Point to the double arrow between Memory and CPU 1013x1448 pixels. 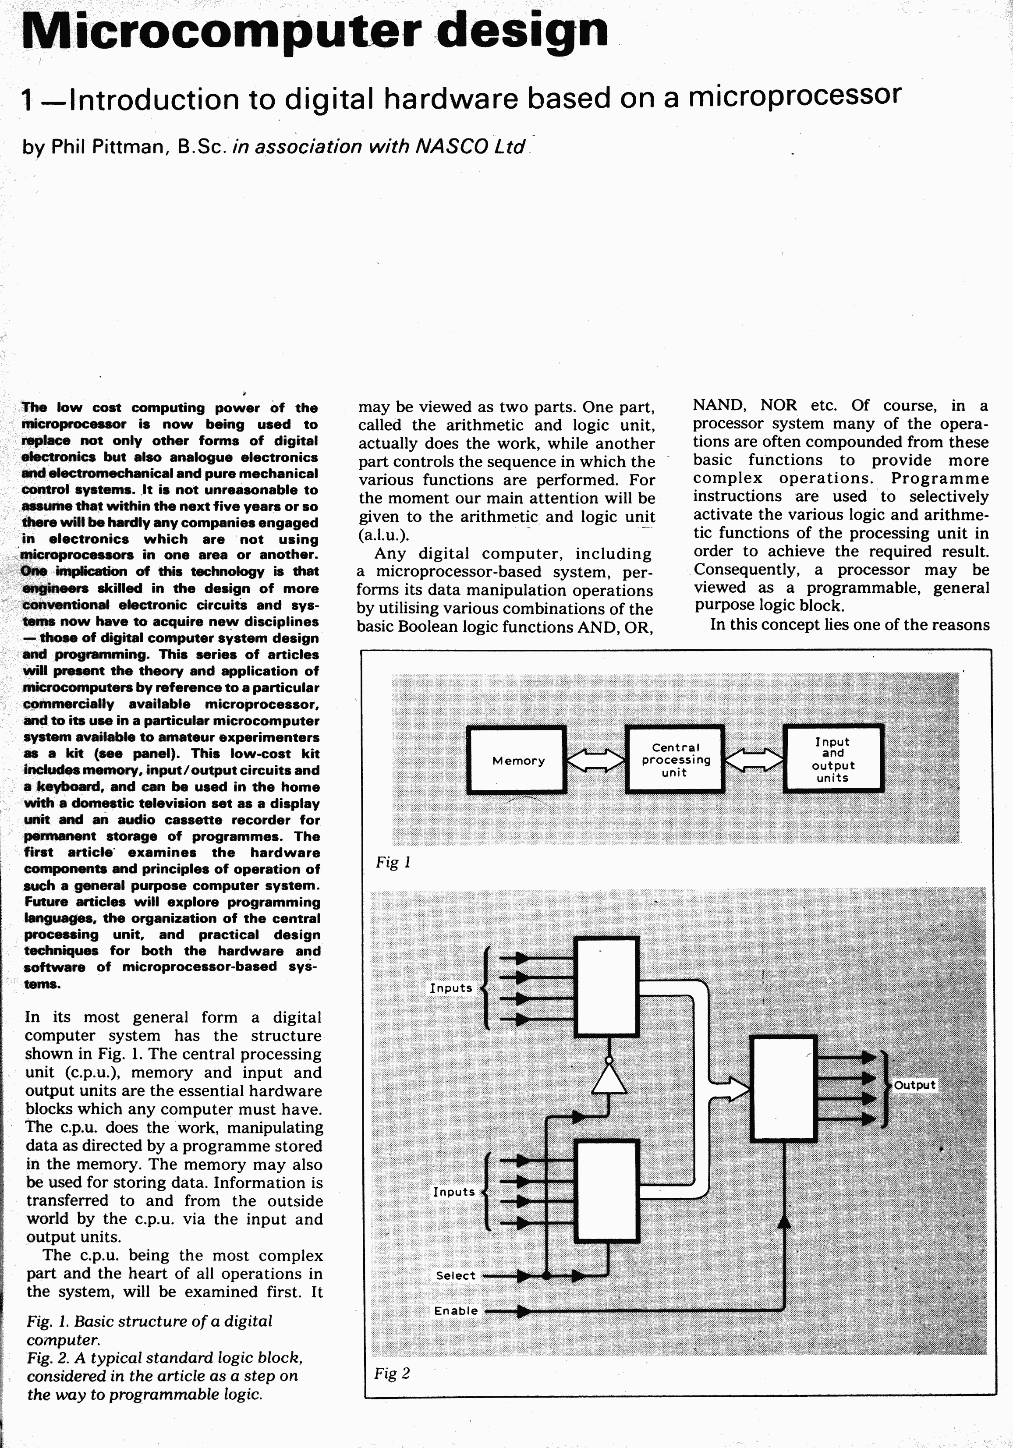click(x=595, y=760)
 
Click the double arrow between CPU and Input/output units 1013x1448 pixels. click(x=754, y=760)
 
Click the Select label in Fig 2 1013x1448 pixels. click(x=455, y=1275)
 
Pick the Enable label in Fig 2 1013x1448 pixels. click(x=455, y=1310)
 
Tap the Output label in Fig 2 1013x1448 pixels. click(x=914, y=1085)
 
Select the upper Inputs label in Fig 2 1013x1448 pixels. click(x=451, y=988)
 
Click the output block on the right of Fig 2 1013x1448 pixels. click(x=784, y=1088)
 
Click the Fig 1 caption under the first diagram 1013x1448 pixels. click(x=393, y=862)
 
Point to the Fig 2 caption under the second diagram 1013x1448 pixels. click(x=392, y=1373)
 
